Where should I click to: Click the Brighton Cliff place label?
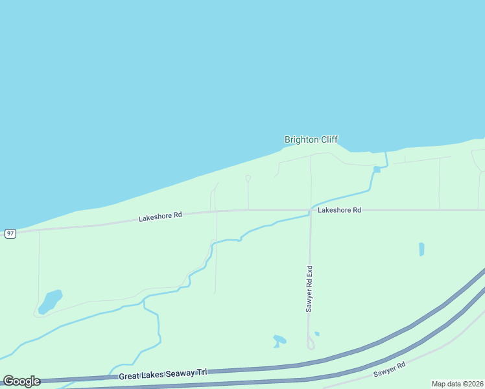pyautogui.click(x=311, y=139)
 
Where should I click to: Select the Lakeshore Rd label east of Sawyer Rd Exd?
pyautogui.click(x=339, y=210)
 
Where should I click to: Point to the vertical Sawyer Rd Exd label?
pyautogui.click(x=310, y=289)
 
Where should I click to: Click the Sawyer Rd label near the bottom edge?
pyautogui.click(x=389, y=370)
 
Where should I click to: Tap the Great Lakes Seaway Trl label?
pyautogui.click(x=163, y=374)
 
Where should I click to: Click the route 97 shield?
pyautogui.click(x=10, y=233)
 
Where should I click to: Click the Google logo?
pyautogui.click(x=21, y=381)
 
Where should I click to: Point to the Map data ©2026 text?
pyautogui.click(x=457, y=384)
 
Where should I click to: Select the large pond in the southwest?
pyautogui.click(x=50, y=301)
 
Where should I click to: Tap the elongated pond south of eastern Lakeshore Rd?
pyautogui.click(x=421, y=249)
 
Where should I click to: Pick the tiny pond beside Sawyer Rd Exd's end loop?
pyautogui.click(x=316, y=334)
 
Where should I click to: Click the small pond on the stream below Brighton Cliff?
pyautogui.click(x=377, y=170)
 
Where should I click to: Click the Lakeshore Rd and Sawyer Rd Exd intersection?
pyautogui.click(x=311, y=210)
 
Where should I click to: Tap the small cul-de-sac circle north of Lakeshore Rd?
pyautogui.click(x=248, y=178)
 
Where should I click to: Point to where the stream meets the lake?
pyautogui.click(x=386, y=153)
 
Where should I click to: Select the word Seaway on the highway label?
pyautogui.click(x=172, y=374)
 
